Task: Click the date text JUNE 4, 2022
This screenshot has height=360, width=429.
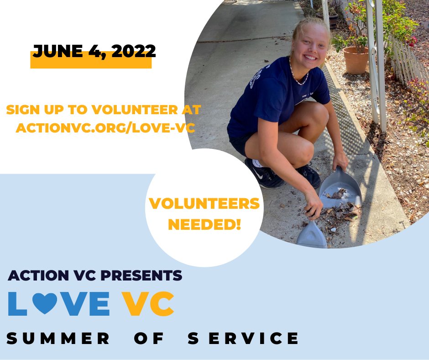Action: pyautogui.click(x=94, y=51)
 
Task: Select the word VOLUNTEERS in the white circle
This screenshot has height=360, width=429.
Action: pyautogui.click(x=204, y=204)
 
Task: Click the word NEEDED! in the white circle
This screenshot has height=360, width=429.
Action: pyautogui.click(x=204, y=224)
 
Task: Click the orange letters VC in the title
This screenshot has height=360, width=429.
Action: pyautogui.click(x=149, y=303)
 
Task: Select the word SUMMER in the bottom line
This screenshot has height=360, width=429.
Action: pyautogui.click(x=58, y=339)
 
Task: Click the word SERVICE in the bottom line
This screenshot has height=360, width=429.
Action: pyautogui.click(x=243, y=339)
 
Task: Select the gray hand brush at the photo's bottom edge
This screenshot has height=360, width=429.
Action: pyautogui.click(x=312, y=235)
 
